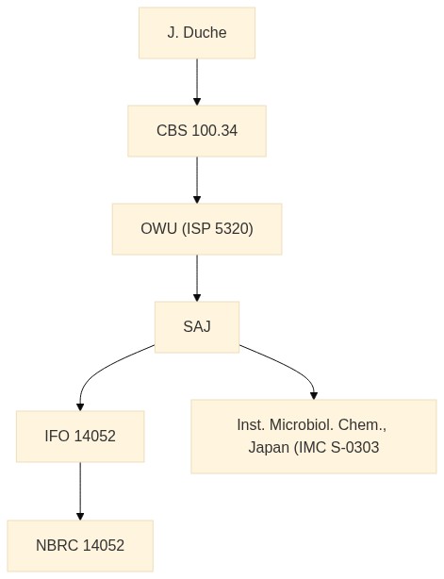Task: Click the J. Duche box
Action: pyautogui.click(x=197, y=33)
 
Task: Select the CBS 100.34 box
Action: pyautogui.click(x=197, y=131)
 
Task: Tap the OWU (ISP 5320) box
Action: pyautogui.click(x=197, y=229)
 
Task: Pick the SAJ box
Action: pyautogui.click(x=197, y=327)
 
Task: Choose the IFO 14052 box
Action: pyautogui.click(x=80, y=437)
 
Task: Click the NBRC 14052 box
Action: pyautogui.click(x=80, y=546)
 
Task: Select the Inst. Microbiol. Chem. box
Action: pyautogui.click(x=314, y=437)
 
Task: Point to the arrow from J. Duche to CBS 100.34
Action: pyautogui.click(x=197, y=82)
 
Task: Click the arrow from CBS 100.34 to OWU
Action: pyautogui.click(x=197, y=180)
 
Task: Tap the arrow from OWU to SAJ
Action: pyautogui.click(x=197, y=278)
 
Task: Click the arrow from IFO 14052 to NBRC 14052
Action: pyautogui.click(x=80, y=491)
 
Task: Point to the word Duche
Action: pyautogui.click(x=205, y=33)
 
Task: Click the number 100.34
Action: pyautogui.click(x=215, y=131)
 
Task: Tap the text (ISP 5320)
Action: pyautogui.click(x=218, y=229)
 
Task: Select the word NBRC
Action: pyautogui.click(x=57, y=546)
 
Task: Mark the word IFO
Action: pyautogui.click(x=58, y=437)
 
